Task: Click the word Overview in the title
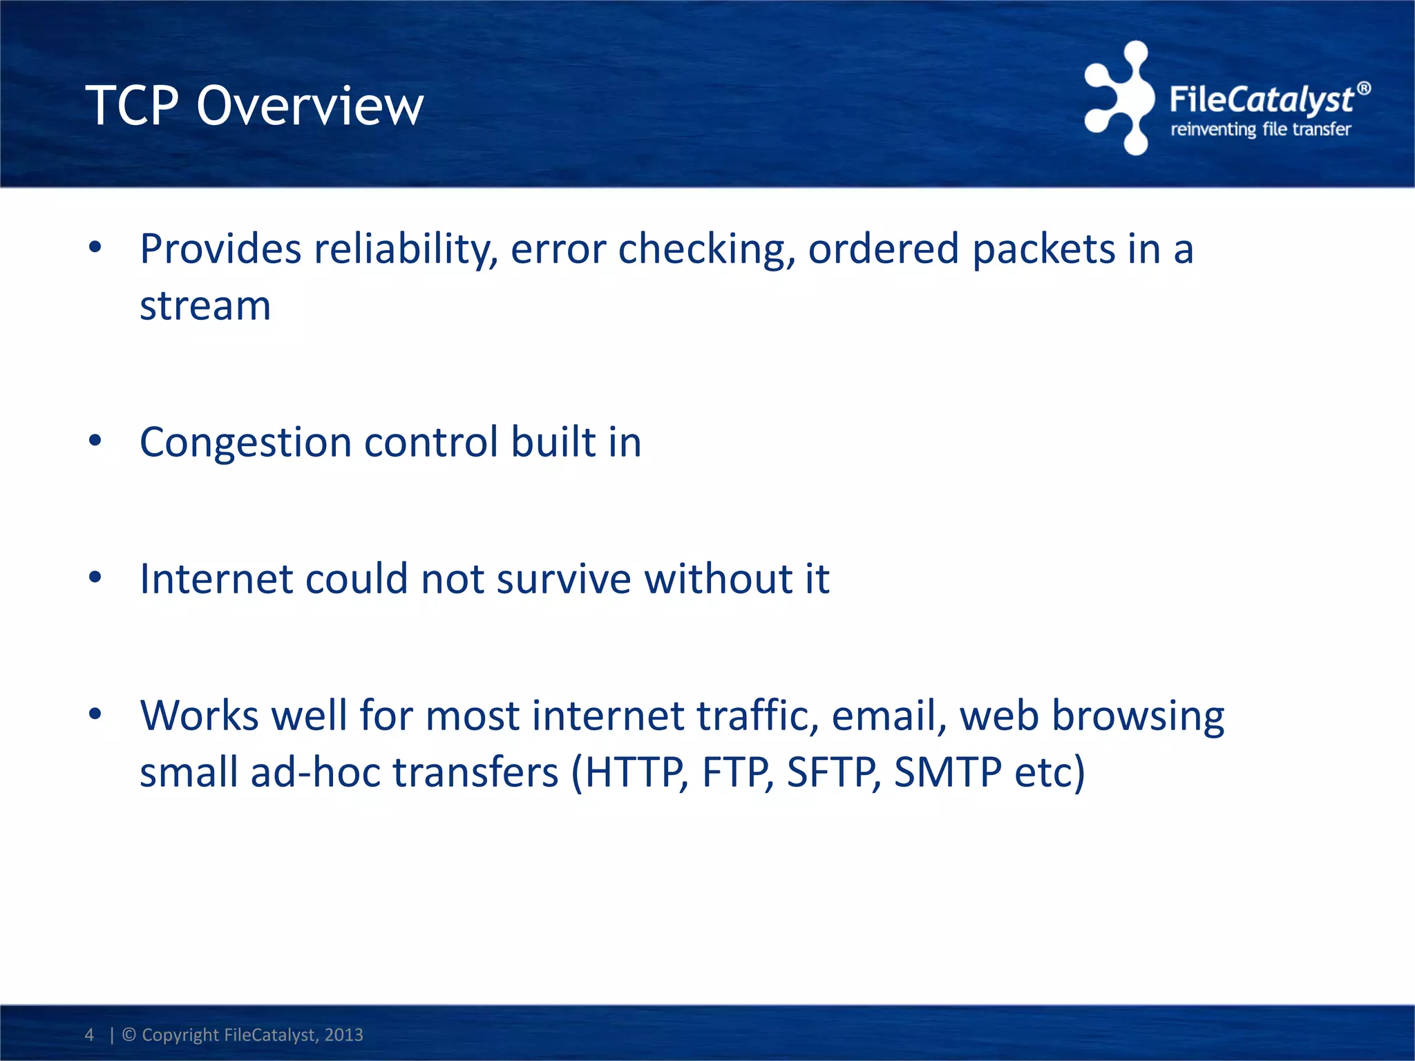[x=310, y=106]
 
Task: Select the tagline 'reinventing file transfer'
[x=1260, y=130]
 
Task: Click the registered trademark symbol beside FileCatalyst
[x=1363, y=88]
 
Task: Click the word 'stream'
[x=205, y=305]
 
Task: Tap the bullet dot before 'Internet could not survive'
[x=95, y=577]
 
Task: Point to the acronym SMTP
[x=947, y=772]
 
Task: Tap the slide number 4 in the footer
[x=89, y=1035]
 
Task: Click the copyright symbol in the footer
[x=129, y=1035]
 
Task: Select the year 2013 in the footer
[x=343, y=1035]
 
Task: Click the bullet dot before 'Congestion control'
[x=95, y=440]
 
